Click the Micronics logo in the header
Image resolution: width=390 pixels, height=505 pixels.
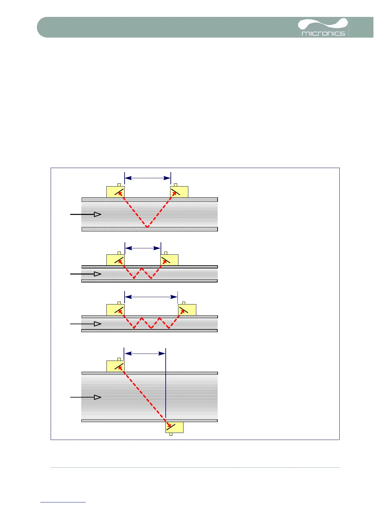(x=323, y=28)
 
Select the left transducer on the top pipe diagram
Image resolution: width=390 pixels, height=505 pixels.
(x=115, y=192)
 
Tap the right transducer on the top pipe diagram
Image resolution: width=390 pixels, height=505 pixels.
(x=179, y=192)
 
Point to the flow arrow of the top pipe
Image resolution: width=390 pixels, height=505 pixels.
(x=86, y=214)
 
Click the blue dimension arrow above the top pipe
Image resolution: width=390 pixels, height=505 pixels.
(x=148, y=178)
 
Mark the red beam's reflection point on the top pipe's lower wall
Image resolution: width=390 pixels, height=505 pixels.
(x=147, y=227)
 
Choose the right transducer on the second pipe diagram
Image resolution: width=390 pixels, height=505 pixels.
(x=169, y=260)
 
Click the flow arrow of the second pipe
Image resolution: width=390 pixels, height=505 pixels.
(x=86, y=274)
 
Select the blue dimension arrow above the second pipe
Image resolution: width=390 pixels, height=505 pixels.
(x=143, y=248)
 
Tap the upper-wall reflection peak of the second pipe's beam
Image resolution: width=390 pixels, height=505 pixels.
(x=142, y=269)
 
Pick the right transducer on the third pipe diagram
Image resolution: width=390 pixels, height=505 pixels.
(x=187, y=310)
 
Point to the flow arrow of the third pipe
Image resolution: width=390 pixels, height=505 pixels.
(x=86, y=324)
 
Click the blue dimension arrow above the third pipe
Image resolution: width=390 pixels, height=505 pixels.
(x=151, y=297)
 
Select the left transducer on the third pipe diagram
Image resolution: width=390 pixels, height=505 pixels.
(x=115, y=310)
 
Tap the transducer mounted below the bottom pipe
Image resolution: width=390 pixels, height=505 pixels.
(x=174, y=427)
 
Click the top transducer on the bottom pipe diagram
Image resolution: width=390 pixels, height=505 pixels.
(x=115, y=366)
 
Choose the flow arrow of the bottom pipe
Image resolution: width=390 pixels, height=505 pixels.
(x=86, y=397)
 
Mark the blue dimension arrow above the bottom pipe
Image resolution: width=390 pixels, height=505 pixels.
(x=145, y=353)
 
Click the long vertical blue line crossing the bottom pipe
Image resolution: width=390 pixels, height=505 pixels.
(x=166, y=389)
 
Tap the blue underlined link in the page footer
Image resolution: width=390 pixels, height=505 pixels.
(x=63, y=502)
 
